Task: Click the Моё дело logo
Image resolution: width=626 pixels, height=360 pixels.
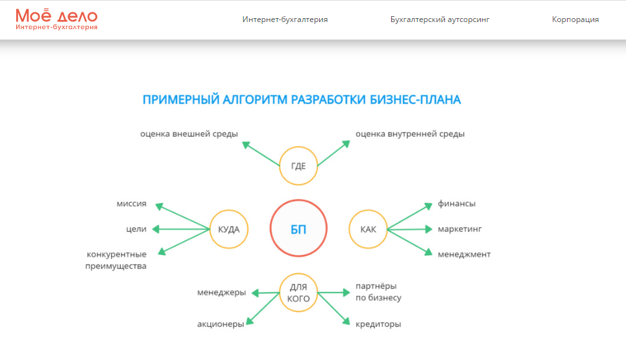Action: click(56, 19)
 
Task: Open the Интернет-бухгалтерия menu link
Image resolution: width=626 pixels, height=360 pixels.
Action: click(285, 19)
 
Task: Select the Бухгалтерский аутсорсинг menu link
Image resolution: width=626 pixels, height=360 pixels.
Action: click(440, 19)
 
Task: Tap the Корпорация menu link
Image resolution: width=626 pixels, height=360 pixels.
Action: click(575, 19)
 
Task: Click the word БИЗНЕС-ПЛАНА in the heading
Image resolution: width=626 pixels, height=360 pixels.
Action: click(415, 99)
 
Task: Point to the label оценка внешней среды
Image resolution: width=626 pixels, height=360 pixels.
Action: click(189, 134)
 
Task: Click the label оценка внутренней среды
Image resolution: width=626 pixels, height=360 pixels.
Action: click(410, 134)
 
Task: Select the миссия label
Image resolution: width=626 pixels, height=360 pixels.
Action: click(131, 204)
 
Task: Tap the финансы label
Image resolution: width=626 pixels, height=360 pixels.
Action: click(457, 204)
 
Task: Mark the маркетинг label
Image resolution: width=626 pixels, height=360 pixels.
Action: click(460, 229)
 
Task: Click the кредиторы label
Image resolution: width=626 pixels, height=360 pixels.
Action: click(378, 324)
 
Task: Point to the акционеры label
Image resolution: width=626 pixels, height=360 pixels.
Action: click(221, 324)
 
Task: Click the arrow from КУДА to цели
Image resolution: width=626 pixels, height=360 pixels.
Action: click(181, 229)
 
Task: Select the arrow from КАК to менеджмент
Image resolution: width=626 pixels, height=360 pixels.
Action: click(409, 242)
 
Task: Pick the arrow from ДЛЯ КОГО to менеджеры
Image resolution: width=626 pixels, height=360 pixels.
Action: click(265, 293)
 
